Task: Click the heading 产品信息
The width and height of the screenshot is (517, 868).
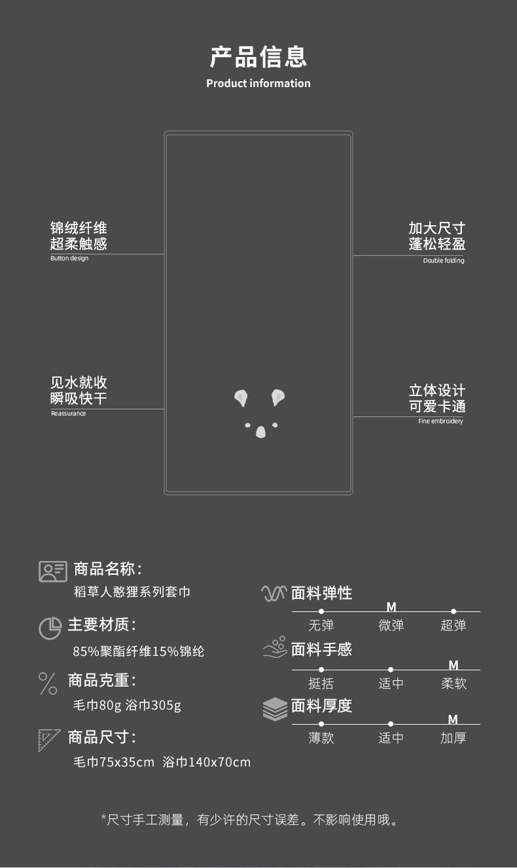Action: (258, 56)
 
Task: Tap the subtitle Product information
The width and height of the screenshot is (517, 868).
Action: (258, 83)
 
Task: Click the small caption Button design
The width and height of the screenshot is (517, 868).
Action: (69, 259)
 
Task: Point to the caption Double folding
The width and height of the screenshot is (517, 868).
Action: (444, 261)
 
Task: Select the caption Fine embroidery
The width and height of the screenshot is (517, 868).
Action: (440, 421)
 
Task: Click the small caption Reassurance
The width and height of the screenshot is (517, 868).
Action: (68, 414)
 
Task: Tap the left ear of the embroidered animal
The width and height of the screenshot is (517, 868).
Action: (241, 397)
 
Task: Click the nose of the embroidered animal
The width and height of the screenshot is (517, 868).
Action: (260, 432)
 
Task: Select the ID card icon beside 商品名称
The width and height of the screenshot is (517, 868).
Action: (52, 571)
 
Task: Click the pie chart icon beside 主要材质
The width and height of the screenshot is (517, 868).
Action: (50, 628)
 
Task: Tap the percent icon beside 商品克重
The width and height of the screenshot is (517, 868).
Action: (48, 683)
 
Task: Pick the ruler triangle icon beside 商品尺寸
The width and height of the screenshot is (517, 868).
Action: (49, 739)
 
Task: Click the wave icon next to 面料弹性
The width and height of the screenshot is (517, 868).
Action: (274, 593)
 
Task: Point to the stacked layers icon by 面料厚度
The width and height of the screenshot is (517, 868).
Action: (275, 709)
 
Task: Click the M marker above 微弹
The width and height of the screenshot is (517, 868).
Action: (391, 607)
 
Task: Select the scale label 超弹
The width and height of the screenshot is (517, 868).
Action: (453, 625)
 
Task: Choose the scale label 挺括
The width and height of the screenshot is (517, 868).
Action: (321, 683)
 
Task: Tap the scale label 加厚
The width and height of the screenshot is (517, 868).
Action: (453, 738)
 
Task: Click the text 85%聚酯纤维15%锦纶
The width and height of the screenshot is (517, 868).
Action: (139, 651)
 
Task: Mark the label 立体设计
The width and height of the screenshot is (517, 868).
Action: (437, 391)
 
